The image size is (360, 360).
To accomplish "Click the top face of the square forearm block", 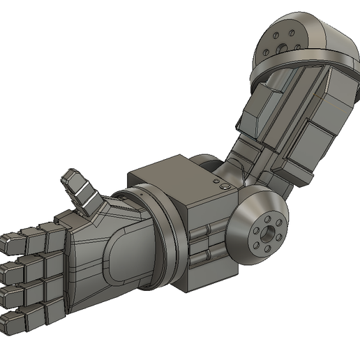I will [178, 174].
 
